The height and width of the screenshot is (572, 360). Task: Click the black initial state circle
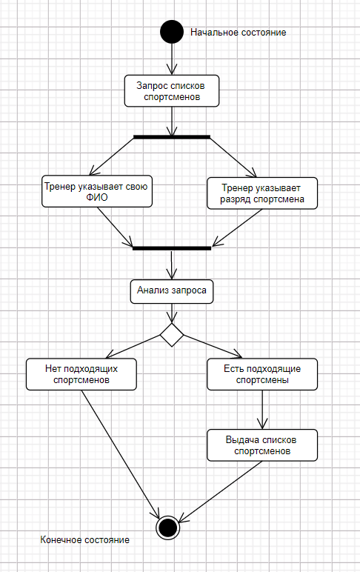172,32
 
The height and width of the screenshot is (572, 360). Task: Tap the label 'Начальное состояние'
239,33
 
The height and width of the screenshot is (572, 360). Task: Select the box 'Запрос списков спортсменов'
172,91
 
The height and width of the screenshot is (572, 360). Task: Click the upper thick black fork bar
172,137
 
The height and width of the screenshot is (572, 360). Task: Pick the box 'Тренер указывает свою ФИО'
97,191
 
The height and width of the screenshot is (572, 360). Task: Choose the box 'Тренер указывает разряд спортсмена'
262,193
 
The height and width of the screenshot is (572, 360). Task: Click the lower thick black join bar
172,248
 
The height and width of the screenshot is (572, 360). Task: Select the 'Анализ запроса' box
172,291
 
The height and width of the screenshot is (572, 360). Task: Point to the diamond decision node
172,334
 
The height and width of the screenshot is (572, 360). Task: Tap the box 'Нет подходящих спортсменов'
81,374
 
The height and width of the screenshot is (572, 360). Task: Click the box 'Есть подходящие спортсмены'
262,374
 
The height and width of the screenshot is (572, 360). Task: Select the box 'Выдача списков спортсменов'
262,445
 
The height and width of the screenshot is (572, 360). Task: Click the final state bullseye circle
168,528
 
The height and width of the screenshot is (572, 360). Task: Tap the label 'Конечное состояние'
84,540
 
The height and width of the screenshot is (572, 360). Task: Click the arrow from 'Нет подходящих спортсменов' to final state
120,454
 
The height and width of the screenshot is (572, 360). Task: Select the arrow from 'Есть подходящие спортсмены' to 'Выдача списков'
262,410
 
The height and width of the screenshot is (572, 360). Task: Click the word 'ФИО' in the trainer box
97,197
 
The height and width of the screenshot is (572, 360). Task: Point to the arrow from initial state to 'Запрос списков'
172,59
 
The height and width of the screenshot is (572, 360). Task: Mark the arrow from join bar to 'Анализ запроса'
172,265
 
